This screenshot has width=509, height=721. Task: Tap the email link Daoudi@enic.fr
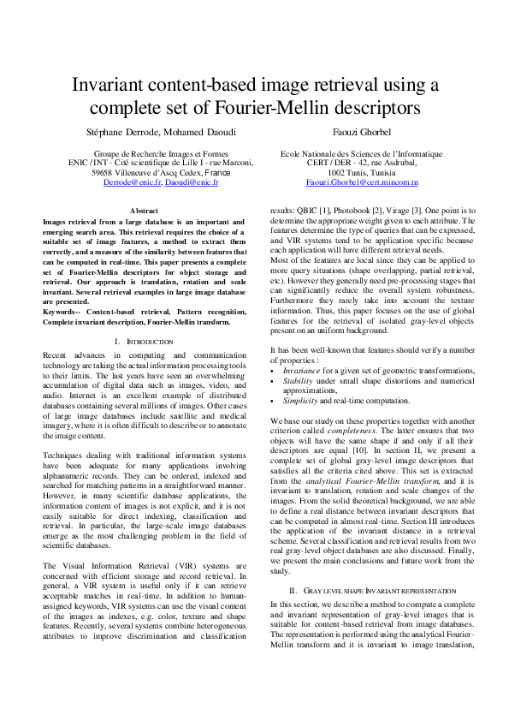[192, 182]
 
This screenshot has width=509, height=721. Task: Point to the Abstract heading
[144, 210]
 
